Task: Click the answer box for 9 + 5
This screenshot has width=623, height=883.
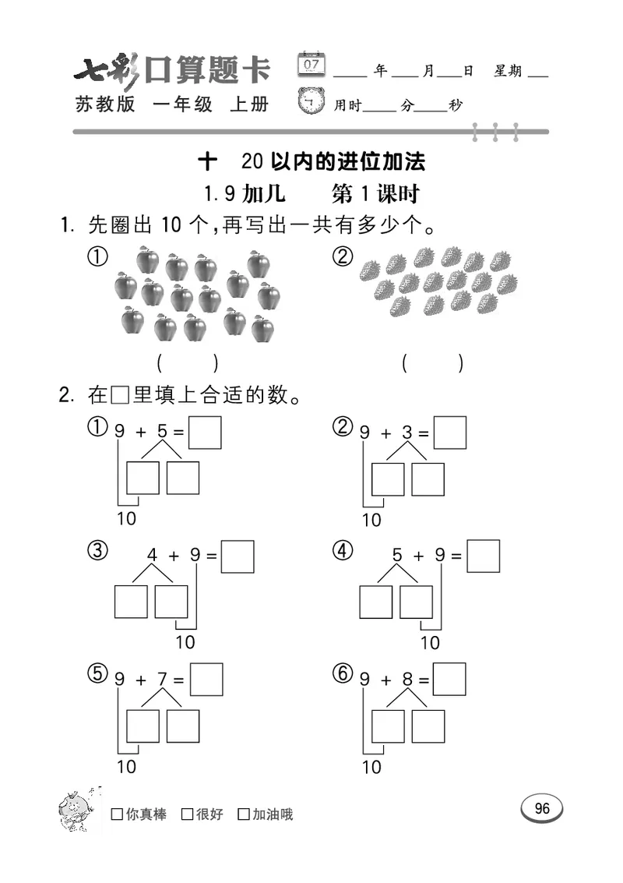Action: [x=206, y=433]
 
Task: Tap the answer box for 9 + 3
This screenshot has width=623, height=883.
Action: [x=450, y=433]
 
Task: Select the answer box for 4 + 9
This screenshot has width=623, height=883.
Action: [x=238, y=556]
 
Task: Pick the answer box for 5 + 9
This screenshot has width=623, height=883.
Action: [x=483, y=556]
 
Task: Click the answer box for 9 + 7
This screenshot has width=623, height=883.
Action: [x=206, y=679]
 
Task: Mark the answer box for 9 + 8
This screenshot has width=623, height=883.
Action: [x=450, y=679]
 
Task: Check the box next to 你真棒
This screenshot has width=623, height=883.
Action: [x=117, y=814]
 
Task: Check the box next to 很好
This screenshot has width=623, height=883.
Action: [x=187, y=814]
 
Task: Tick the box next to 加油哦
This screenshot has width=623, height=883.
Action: [x=244, y=814]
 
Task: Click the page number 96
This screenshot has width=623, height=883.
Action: [x=542, y=808]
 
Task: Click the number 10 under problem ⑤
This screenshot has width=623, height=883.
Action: [x=126, y=767]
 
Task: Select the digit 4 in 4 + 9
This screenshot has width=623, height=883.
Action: [x=153, y=556]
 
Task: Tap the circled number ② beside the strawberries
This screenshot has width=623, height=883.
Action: [x=342, y=257]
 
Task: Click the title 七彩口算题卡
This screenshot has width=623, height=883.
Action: [x=172, y=71]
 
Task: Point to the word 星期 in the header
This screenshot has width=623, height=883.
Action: [x=508, y=71]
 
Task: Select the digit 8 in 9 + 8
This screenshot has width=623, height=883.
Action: [x=407, y=679]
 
